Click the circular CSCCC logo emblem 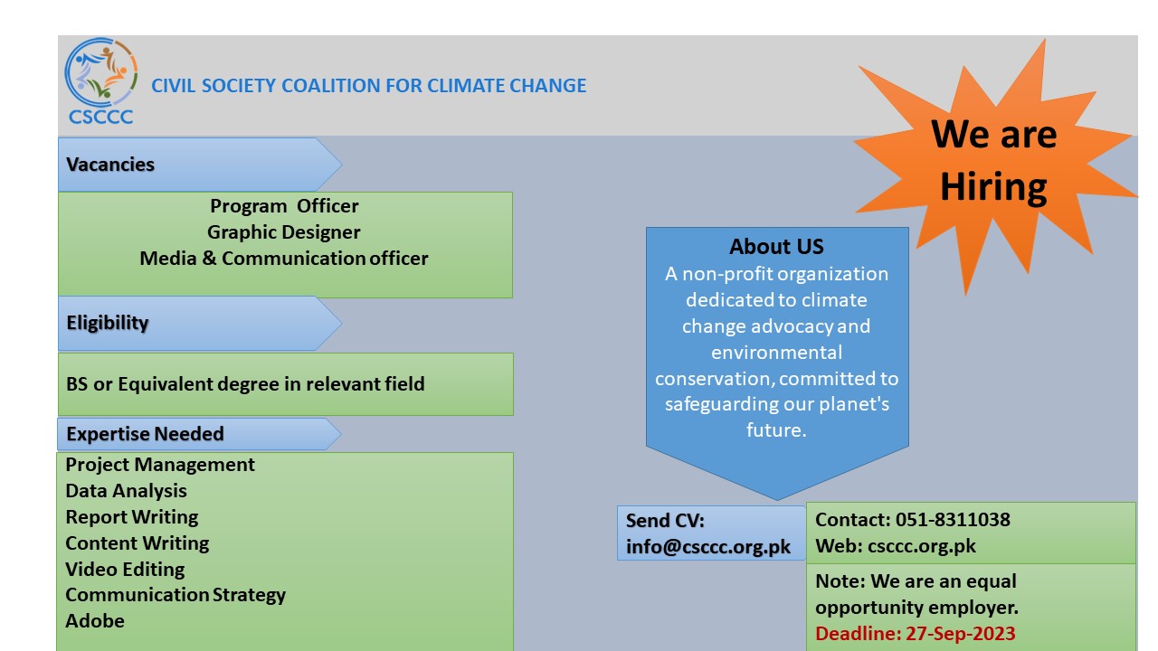click(x=100, y=71)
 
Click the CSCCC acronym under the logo click(x=100, y=117)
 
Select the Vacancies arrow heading click(x=200, y=165)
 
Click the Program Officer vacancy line click(x=284, y=205)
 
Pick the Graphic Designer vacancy click(x=284, y=232)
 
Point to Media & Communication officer click(x=284, y=259)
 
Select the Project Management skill click(x=160, y=465)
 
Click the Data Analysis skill click(x=126, y=491)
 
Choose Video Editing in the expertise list click(x=125, y=570)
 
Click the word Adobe click(x=95, y=621)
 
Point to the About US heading click(x=776, y=247)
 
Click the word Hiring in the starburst click(x=993, y=187)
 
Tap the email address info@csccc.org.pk click(x=708, y=547)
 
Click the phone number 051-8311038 click(x=953, y=520)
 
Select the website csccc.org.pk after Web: click(x=922, y=546)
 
